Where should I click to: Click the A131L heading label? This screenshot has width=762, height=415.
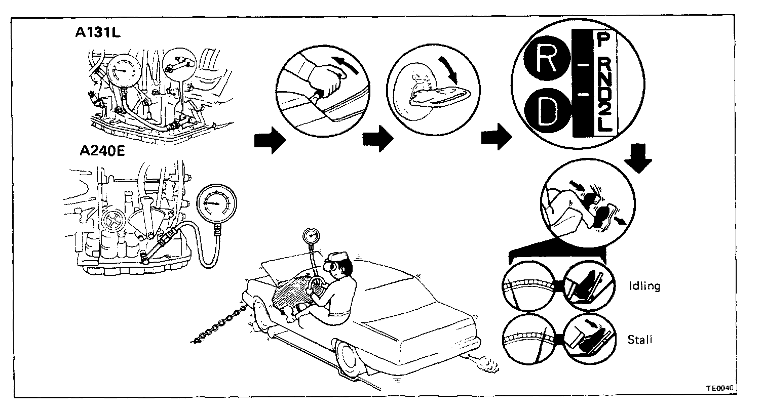coord(98,33)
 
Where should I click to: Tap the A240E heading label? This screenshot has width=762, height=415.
coord(102,151)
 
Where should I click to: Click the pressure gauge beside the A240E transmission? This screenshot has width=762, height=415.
coord(216,204)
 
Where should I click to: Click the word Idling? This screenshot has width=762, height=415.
coord(643,286)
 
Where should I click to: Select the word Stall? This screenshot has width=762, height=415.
coord(639,339)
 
